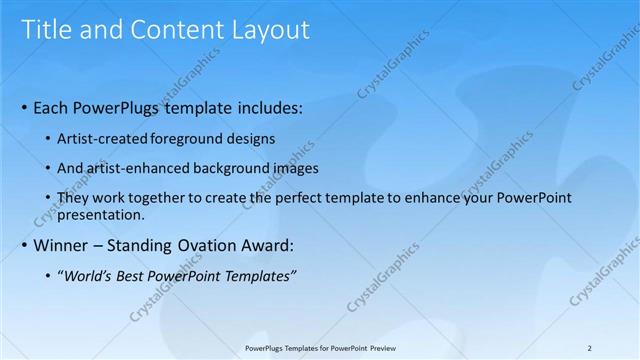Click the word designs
pyautogui.click(x=251, y=138)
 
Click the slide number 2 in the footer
pyautogui.click(x=589, y=347)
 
